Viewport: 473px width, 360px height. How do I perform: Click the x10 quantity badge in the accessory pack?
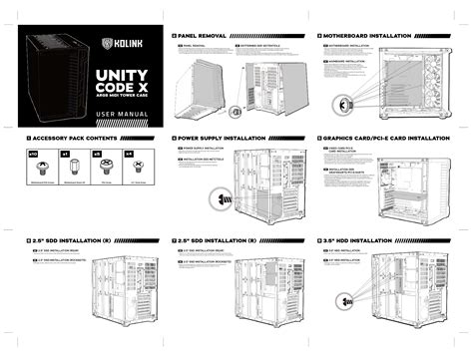click(31, 156)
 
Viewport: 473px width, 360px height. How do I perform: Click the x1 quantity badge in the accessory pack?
click(64, 156)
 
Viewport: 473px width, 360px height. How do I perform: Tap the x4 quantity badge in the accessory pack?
click(127, 156)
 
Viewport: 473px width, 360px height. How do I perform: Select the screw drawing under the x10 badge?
click(31, 173)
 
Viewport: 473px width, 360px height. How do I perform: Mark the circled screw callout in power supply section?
click(216, 197)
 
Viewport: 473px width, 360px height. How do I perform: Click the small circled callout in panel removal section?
click(235, 111)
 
